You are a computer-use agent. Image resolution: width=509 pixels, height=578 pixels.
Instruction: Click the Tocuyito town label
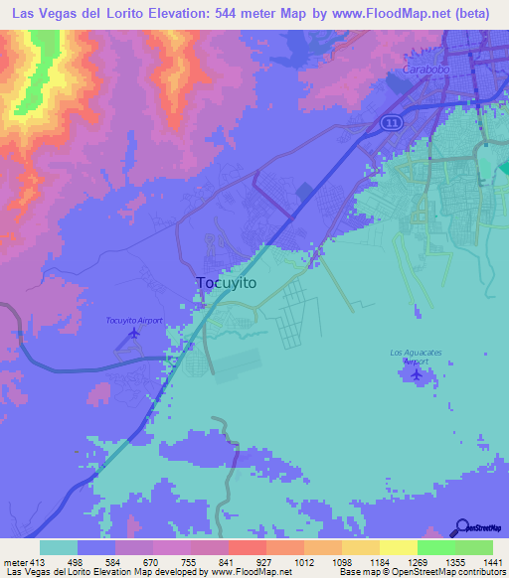click(x=227, y=283)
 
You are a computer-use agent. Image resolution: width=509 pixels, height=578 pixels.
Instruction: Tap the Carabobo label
click(x=426, y=70)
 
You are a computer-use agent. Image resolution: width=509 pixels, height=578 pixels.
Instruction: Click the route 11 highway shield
click(x=392, y=120)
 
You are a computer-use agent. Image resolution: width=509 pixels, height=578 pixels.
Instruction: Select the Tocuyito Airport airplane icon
click(x=133, y=335)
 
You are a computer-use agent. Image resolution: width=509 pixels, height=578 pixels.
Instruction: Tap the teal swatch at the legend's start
click(x=59, y=547)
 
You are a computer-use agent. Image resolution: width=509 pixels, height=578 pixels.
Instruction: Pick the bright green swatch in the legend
click(x=435, y=547)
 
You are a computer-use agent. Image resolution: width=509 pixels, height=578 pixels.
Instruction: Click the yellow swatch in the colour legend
click(x=398, y=547)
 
